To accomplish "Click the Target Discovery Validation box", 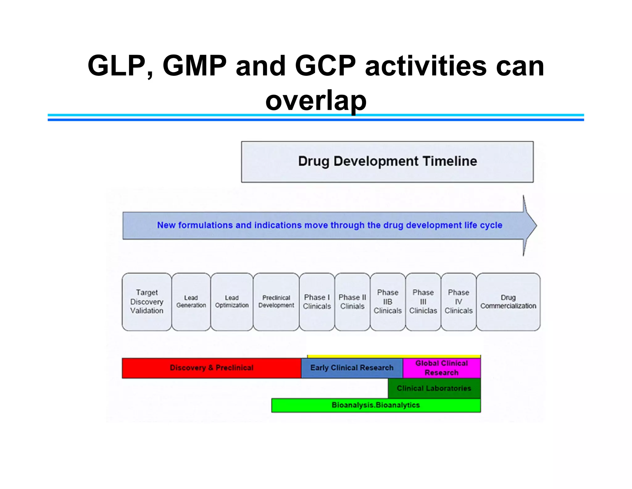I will click(147, 302).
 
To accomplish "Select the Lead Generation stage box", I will click(191, 302).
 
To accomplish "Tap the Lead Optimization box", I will click(232, 302).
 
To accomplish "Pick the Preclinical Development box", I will click(276, 302).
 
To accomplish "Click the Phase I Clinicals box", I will click(317, 302).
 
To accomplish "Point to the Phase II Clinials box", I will click(352, 302).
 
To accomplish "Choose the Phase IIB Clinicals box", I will click(388, 302).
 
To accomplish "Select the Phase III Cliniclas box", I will click(423, 302).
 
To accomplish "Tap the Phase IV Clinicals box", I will click(459, 302).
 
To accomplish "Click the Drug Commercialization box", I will click(508, 302).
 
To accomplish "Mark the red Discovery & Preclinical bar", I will click(211, 368).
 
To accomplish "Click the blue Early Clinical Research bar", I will click(352, 368).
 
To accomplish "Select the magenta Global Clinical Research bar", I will click(442, 368).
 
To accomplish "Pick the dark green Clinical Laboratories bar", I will click(434, 388).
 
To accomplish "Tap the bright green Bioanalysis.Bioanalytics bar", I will click(376, 405).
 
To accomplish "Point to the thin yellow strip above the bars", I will click(394, 356).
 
